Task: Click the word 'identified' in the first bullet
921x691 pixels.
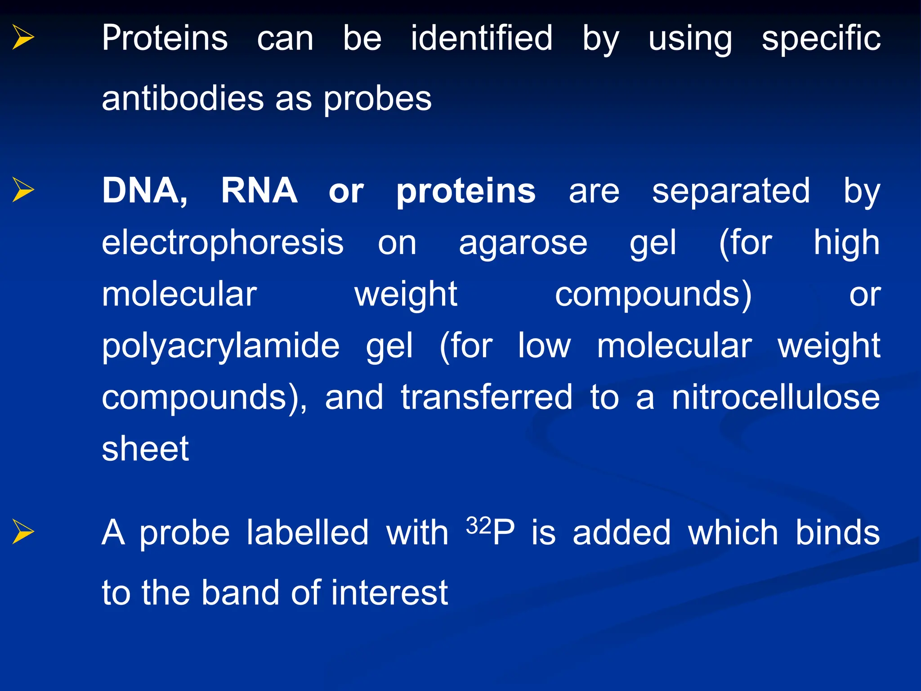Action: pyautogui.click(x=482, y=38)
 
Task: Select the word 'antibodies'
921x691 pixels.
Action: pyautogui.click(x=183, y=99)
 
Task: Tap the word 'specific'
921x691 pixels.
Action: pyautogui.click(x=821, y=38)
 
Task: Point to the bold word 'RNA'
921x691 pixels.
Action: pyautogui.click(x=259, y=191)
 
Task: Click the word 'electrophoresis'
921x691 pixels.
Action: pyautogui.click(x=223, y=243)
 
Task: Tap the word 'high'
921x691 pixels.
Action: pyautogui.click(x=846, y=243)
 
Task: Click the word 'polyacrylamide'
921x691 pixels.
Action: pyautogui.click(x=221, y=346)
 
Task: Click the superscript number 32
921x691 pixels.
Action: pyautogui.click(x=478, y=525)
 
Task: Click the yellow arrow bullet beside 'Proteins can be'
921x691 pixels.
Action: pyautogui.click(x=23, y=37)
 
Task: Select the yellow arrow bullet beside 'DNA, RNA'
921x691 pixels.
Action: pyautogui.click(x=23, y=189)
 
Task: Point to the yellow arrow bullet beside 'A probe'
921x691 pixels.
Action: pyautogui.click(x=23, y=531)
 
